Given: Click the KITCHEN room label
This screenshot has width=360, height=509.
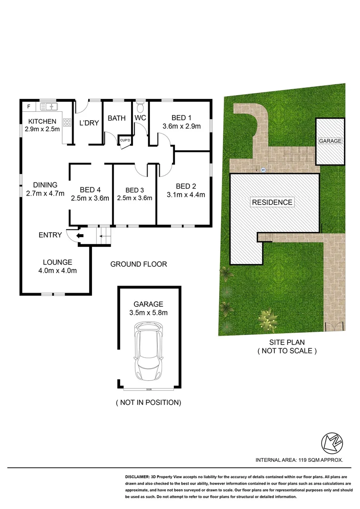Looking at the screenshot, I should pos(42,121).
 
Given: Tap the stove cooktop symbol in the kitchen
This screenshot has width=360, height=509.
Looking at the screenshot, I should pos(67,123).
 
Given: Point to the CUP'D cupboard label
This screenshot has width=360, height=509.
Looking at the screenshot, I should pos(125,140).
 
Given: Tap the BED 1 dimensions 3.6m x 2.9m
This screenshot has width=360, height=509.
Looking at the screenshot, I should pos(181,126).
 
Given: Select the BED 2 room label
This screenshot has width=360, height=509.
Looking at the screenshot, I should pos(185,186).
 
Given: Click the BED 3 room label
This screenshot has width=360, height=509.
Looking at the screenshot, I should pos(134,190).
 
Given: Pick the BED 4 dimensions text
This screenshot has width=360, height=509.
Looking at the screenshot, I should pos(90,198).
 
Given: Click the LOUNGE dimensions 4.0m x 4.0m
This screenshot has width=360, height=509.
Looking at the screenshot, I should pos(57,271).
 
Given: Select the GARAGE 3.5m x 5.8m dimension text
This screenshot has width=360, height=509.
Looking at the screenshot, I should pos(148,312).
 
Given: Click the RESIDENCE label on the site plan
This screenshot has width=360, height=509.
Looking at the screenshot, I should pos(272,202).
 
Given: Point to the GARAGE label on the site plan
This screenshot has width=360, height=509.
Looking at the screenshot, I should pos(330,141).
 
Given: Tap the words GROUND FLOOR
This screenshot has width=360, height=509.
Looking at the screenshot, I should pos(139,264).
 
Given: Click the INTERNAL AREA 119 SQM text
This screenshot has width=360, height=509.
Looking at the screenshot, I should pos(299,460).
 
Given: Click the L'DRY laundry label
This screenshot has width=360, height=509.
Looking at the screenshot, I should pos(89,123).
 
